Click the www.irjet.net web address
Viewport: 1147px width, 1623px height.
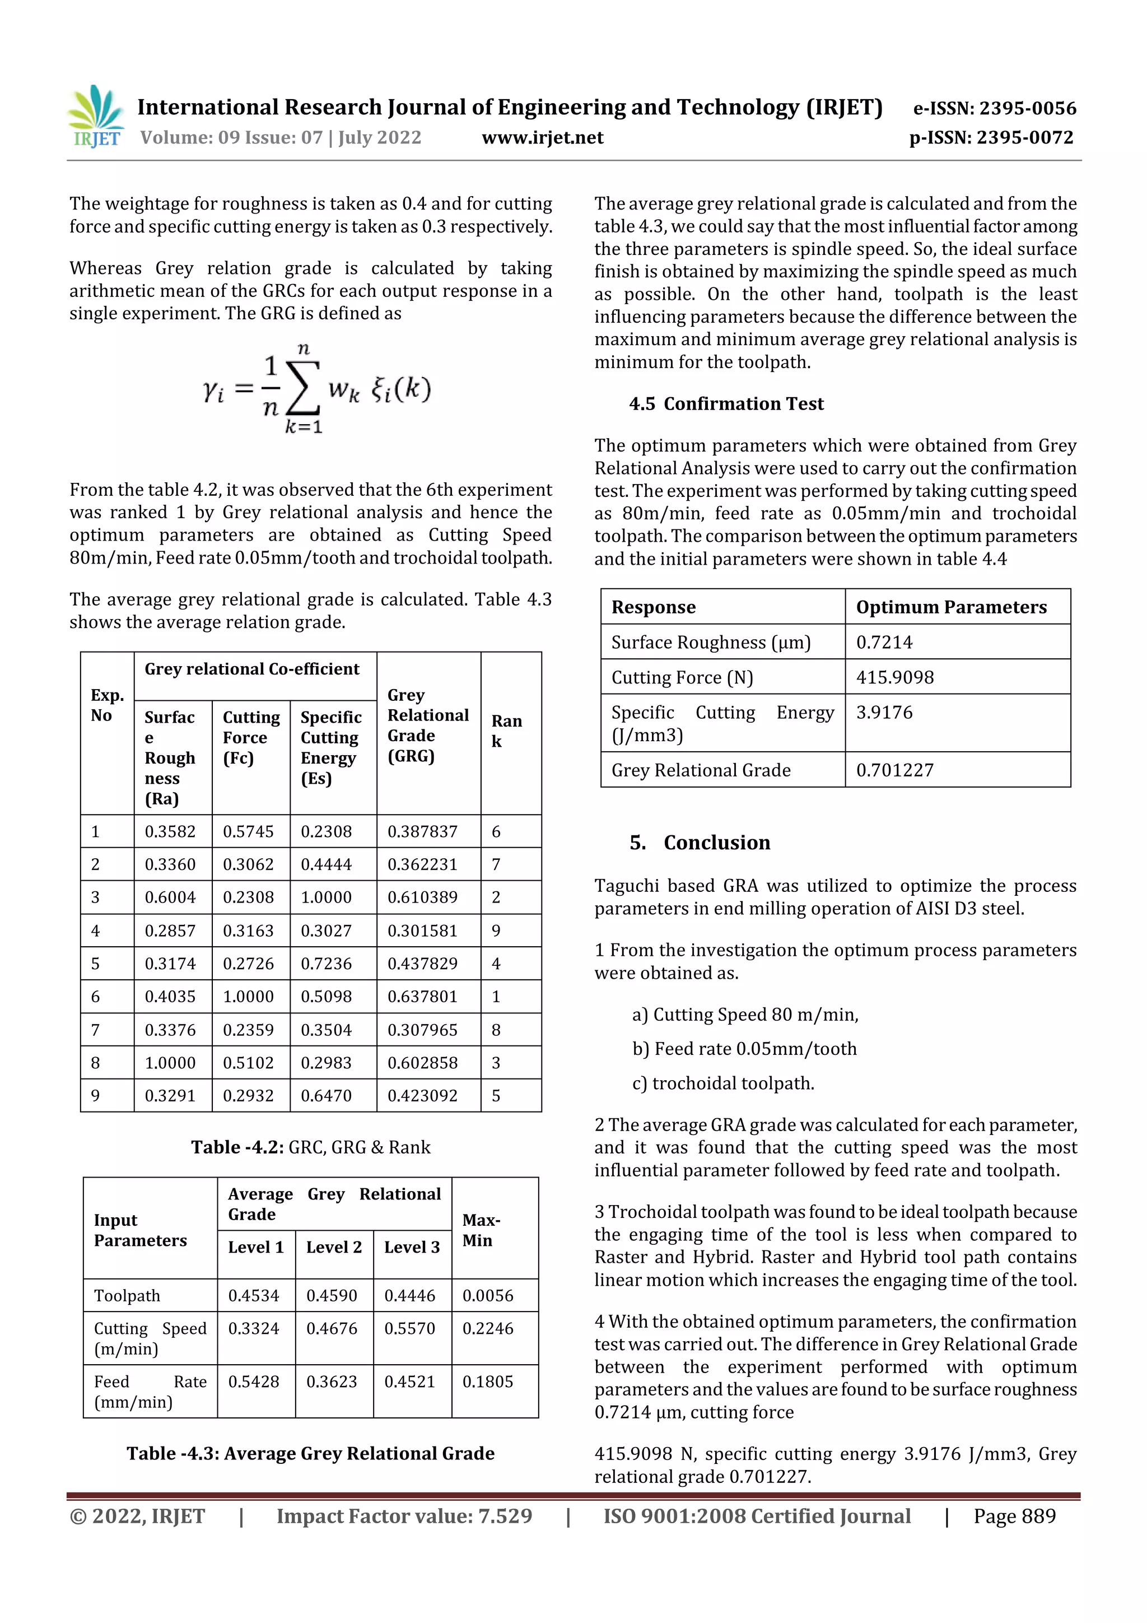point(542,138)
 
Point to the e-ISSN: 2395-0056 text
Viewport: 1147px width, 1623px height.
point(994,108)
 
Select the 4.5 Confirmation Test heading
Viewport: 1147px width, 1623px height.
point(726,403)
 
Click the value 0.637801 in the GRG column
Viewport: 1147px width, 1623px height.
point(422,997)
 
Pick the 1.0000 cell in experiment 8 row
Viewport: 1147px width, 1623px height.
point(170,1062)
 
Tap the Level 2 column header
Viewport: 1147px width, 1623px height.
point(334,1247)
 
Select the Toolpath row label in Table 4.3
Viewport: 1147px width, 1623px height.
point(127,1296)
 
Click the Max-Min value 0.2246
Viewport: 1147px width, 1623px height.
point(488,1328)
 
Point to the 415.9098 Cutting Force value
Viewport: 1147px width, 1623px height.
point(895,677)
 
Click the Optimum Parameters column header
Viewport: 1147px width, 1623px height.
point(951,607)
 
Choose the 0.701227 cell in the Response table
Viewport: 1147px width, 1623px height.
point(895,770)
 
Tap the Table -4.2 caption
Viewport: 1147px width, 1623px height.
point(310,1147)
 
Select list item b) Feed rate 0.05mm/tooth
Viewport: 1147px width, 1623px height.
point(744,1049)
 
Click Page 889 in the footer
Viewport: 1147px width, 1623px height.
point(1014,1515)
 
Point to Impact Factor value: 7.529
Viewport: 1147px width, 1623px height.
point(404,1515)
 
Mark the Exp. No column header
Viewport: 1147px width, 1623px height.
point(107,705)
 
